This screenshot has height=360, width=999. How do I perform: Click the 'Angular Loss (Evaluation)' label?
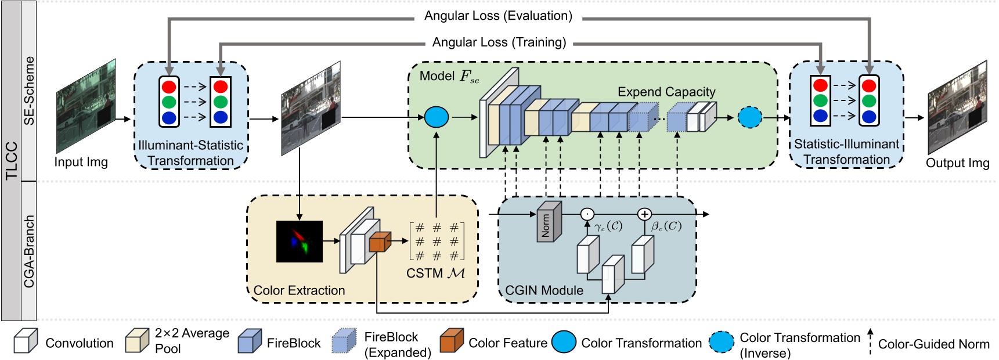coord(498,16)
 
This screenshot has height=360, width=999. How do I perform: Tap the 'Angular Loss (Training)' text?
coord(499,42)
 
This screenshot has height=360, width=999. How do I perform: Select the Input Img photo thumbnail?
coord(86,106)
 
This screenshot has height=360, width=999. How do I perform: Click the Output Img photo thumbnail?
coord(957,108)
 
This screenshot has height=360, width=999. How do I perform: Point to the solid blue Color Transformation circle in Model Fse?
coord(437,117)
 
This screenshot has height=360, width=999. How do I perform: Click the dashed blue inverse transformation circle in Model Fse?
coord(749,117)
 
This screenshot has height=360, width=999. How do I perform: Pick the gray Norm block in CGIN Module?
coord(549,222)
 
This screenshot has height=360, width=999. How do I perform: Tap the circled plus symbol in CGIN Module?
coord(644,214)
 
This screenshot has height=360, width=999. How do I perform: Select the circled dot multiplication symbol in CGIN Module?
coord(587,214)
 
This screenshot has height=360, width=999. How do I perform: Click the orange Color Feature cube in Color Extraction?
coord(379,242)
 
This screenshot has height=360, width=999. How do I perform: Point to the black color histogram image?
coord(299,242)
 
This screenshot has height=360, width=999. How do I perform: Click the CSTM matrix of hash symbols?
coord(437,241)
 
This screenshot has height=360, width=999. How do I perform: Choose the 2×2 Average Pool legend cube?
coord(138,341)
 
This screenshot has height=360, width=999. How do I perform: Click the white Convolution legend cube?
coord(26,341)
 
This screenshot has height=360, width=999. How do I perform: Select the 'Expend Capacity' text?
coord(666,92)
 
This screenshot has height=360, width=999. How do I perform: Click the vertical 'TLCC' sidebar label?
coord(11,161)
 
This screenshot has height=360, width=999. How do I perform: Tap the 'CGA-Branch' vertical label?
coord(29,251)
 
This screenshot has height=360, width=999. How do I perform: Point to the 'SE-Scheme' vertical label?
coord(29,91)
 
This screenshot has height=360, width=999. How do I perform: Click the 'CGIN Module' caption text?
coord(544,290)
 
